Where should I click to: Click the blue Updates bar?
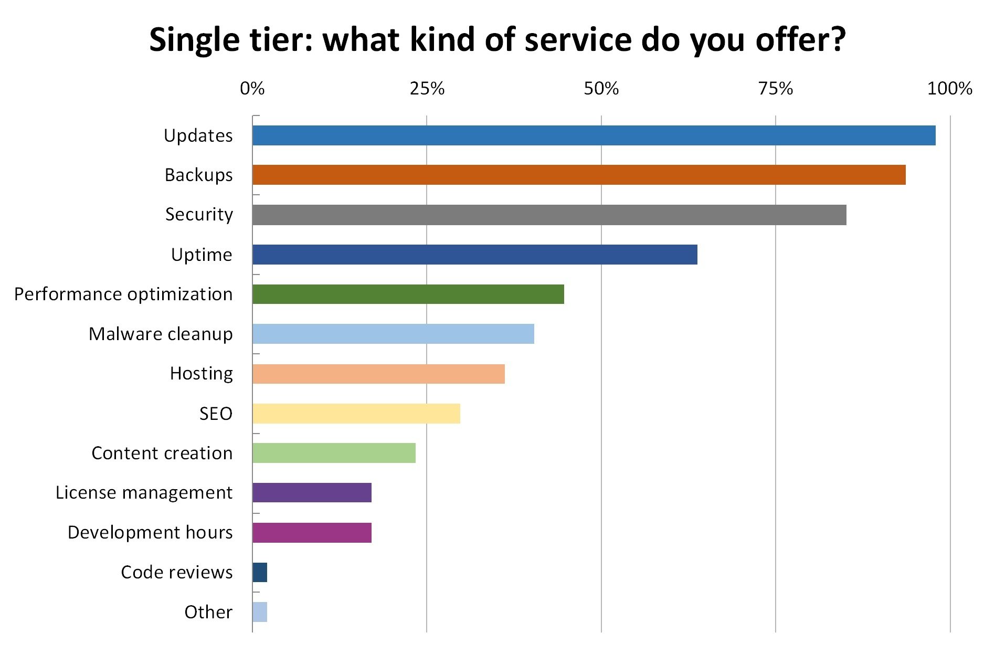click(x=594, y=135)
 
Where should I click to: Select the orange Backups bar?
click(x=579, y=175)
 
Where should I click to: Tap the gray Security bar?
click(x=549, y=215)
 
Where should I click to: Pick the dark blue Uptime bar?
click(x=474, y=255)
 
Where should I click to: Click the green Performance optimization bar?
click(x=408, y=294)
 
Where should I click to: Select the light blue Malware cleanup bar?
click(x=393, y=334)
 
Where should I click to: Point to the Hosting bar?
click(x=378, y=374)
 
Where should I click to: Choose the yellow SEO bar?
click(x=356, y=414)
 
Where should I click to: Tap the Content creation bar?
click(x=334, y=453)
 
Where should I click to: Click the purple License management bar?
click(x=312, y=492)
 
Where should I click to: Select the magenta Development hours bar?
click(x=312, y=532)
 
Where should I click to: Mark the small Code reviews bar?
click(x=260, y=572)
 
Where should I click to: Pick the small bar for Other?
click(x=260, y=612)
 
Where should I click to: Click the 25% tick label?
click(x=427, y=89)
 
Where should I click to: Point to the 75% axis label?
click(x=775, y=89)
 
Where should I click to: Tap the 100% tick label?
click(x=949, y=89)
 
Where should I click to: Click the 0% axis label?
click(x=252, y=89)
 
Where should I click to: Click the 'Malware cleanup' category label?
click(x=161, y=334)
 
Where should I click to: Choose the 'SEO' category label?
click(x=216, y=414)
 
